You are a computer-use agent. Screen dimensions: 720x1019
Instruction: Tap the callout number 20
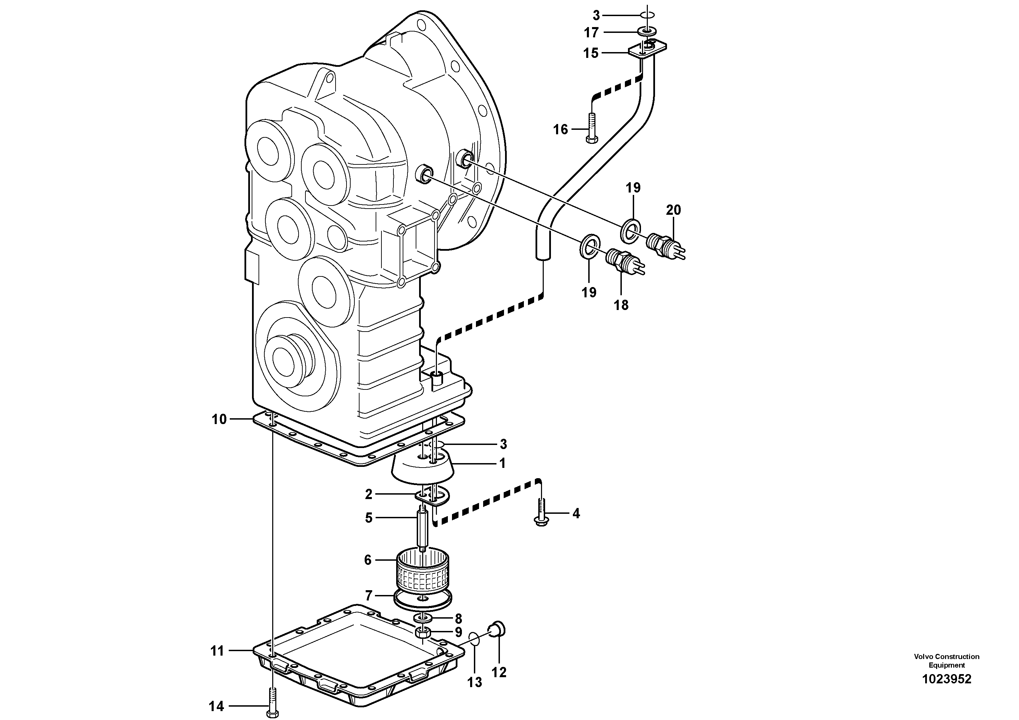pos(673,210)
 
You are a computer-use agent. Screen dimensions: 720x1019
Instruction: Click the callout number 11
pos(217,651)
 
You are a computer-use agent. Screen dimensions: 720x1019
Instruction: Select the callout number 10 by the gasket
pos(219,419)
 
